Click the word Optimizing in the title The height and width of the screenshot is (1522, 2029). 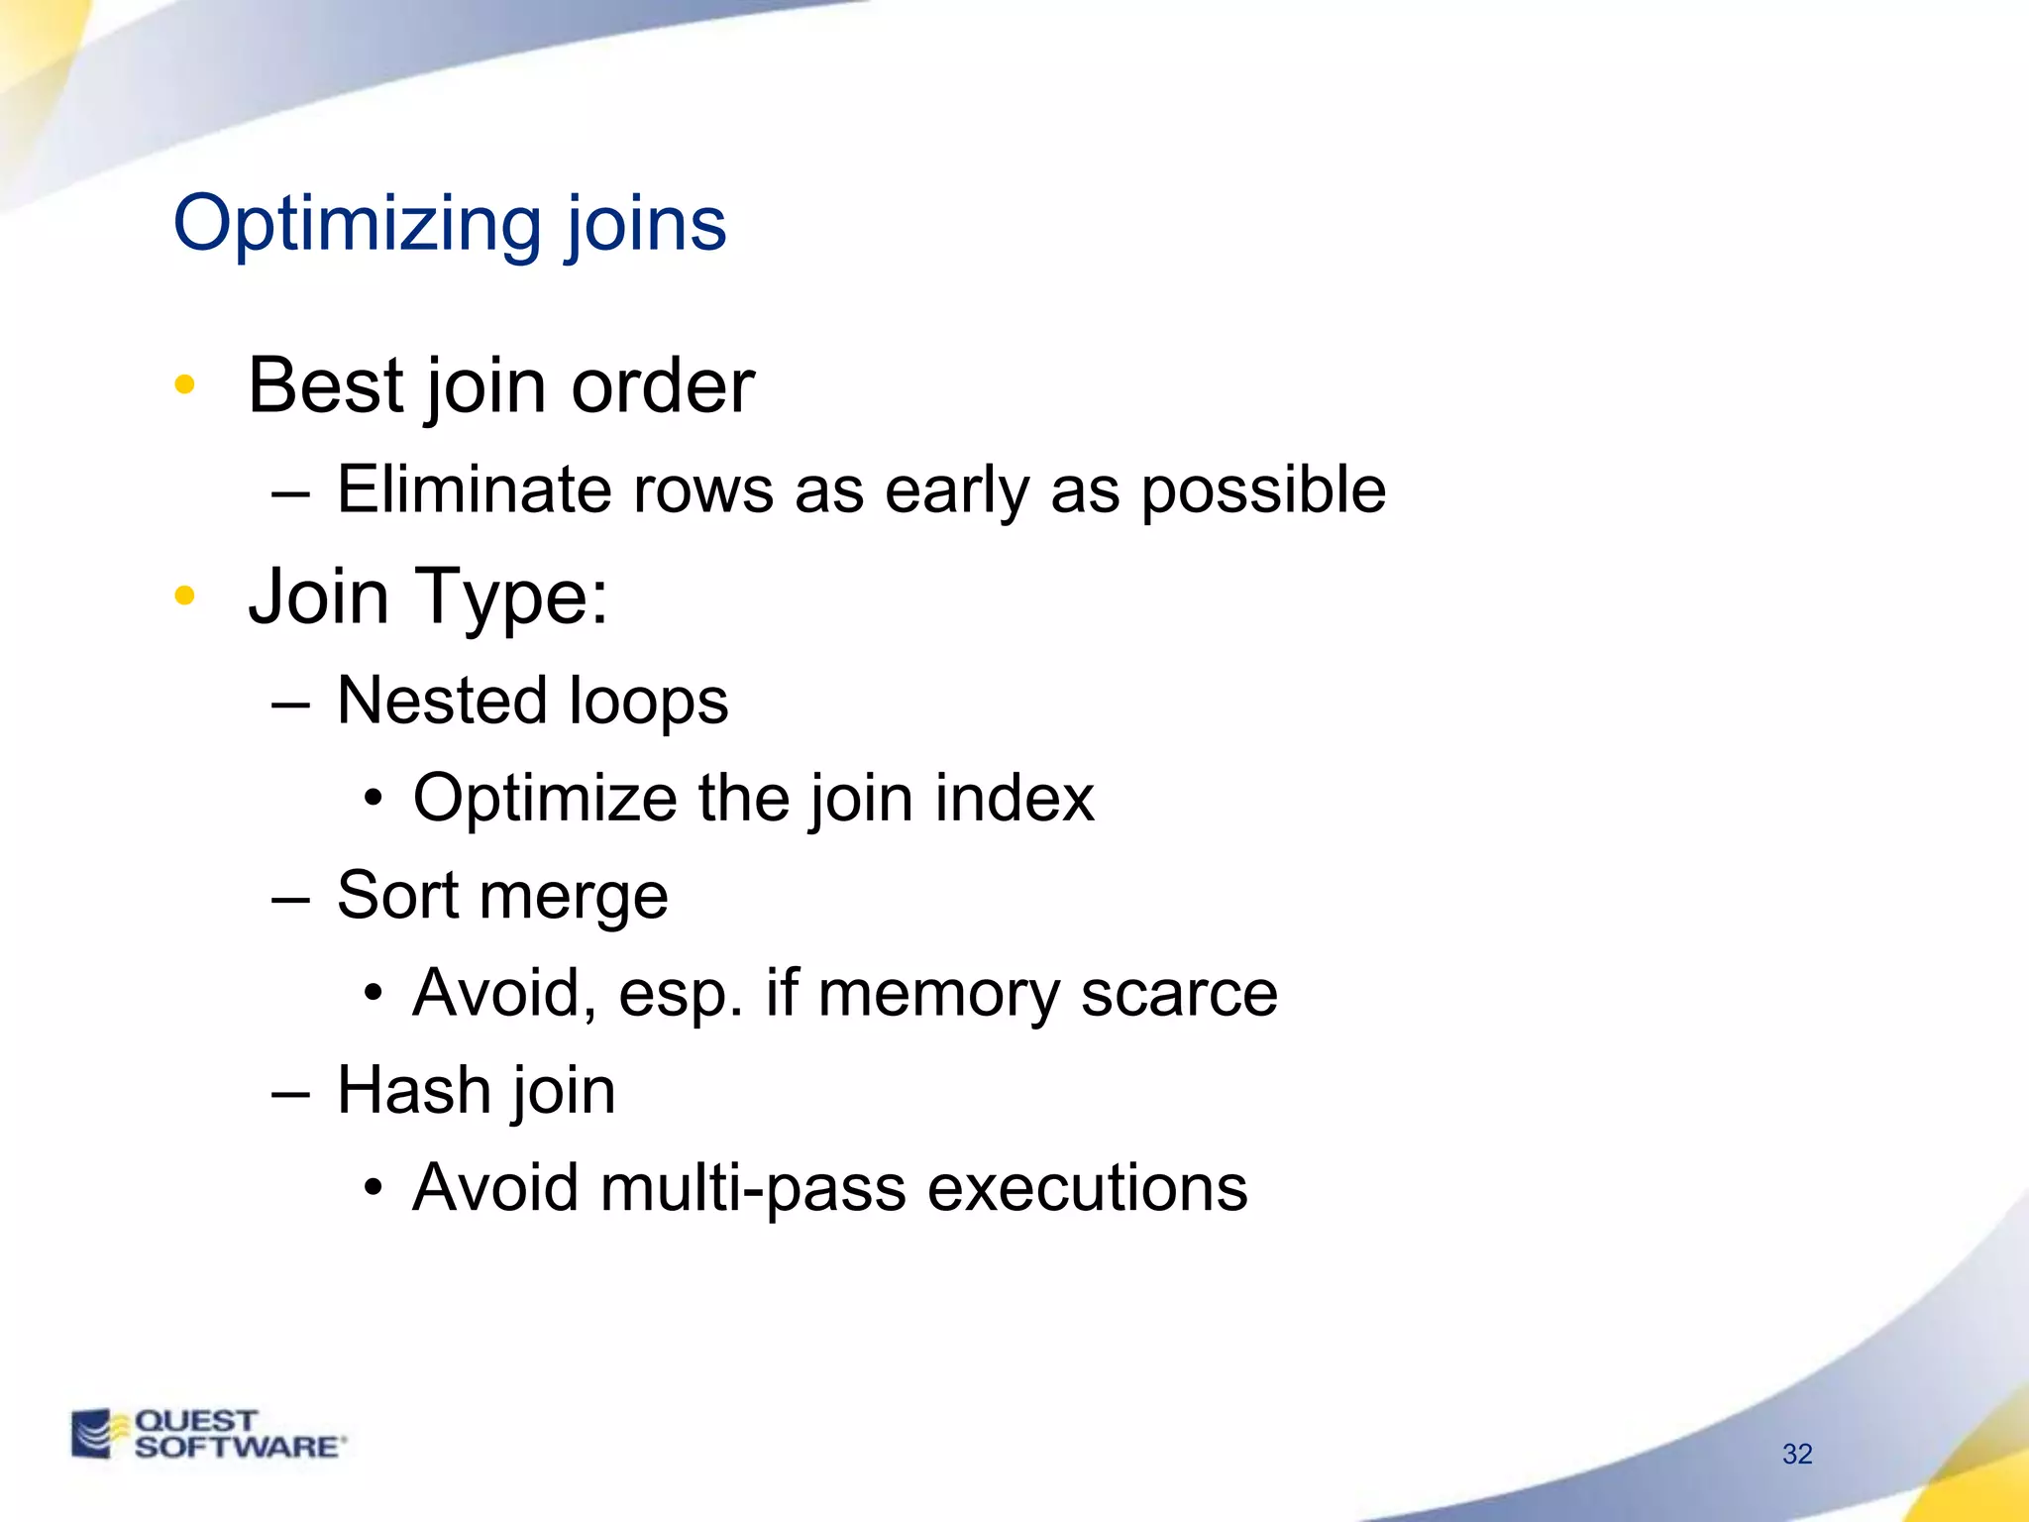357,226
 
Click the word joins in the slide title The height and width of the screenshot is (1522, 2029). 646,226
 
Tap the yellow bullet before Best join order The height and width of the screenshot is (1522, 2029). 184,384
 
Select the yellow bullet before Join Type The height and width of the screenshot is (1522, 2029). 184,596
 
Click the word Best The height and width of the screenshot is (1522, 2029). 326,385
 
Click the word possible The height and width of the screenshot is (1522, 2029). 1263,491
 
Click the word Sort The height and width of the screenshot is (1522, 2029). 397,896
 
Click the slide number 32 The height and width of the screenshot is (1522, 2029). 1796,1454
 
